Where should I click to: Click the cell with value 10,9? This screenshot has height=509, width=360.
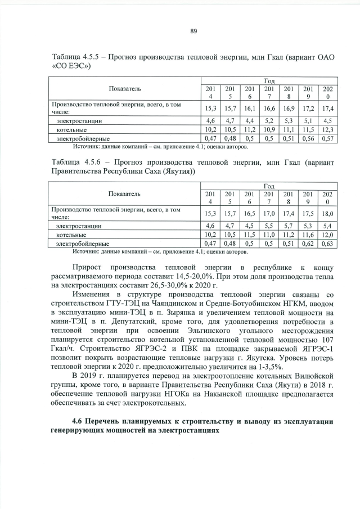[269, 129]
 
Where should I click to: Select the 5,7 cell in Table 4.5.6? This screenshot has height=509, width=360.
[289, 226]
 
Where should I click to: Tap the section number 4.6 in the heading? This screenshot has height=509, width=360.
[80, 422]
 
